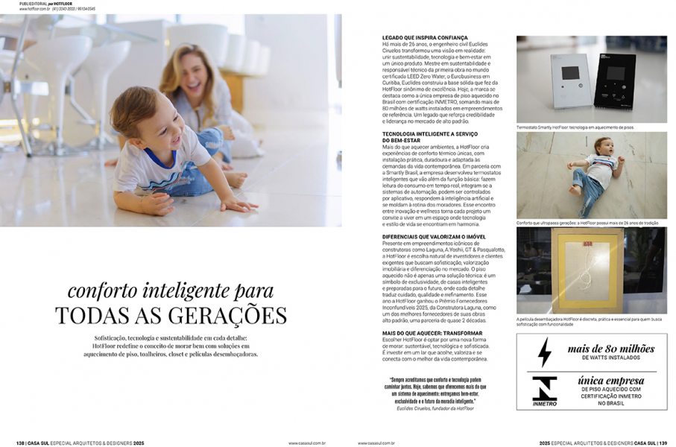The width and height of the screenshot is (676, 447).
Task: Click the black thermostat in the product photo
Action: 614,80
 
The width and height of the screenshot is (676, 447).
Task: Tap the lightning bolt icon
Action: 545,352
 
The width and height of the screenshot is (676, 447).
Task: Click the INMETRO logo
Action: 545,390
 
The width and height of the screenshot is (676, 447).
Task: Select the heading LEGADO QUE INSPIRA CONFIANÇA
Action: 425,37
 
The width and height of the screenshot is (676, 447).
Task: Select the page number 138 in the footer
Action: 21,443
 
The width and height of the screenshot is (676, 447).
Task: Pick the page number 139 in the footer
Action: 663,443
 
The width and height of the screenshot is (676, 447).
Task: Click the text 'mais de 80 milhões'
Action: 610,349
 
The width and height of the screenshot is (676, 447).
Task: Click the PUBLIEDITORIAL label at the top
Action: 37,3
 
